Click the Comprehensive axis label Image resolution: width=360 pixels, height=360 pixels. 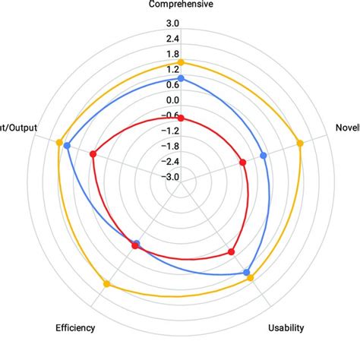pos(180,5)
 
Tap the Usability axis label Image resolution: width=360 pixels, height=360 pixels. pos(286,328)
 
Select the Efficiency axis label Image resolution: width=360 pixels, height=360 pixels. pos(75,328)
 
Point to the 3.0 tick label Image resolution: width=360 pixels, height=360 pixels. pos(172,24)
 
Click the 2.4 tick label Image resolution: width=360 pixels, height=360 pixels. pos(172,39)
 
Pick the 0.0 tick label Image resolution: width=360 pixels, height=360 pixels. pos(172,100)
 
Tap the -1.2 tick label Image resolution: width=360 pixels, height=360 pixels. pos(170,131)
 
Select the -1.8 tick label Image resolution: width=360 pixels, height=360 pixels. pos(170,146)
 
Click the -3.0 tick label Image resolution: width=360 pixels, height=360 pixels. pos(170,177)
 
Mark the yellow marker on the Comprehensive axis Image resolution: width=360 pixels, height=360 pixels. pos(181,62)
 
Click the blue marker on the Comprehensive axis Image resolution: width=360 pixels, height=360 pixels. pos(181,78)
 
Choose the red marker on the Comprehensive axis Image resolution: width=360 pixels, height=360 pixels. pos(181,118)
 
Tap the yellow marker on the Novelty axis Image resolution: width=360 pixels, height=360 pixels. pos(299,142)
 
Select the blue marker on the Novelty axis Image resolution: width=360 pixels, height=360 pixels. pos(264,156)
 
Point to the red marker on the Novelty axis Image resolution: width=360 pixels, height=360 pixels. pos(242,161)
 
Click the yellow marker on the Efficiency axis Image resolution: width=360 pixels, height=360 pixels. pos(106,285)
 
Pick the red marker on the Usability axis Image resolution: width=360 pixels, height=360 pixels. pos(232,252)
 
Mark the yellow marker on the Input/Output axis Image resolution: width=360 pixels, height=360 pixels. pos(59,141)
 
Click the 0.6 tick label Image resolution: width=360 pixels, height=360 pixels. pos(172,85)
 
